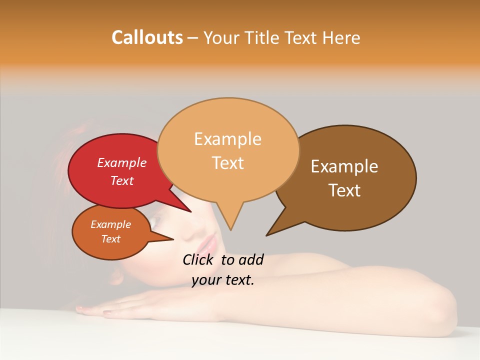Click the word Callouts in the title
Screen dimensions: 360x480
click(x=147, y=37)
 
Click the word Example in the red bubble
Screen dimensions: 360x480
click(x=122, y=162)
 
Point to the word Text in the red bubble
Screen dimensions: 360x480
click(x=122, y=180)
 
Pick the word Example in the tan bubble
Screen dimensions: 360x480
click(x=227, y=139)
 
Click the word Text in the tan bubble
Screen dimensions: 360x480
click(x=228, y=163)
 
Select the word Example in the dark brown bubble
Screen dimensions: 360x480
click(x=344, y=166)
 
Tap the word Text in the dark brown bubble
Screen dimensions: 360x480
click(x=344, y=190)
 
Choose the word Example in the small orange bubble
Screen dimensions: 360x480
click(x=110, y=224)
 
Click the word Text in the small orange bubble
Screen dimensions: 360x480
click(x=110, y=239)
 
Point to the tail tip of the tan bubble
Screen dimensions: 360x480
click(x=230, y=229)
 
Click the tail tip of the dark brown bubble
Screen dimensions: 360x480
click(x=267, y=234)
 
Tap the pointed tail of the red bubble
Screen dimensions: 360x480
click(x=190, y=211)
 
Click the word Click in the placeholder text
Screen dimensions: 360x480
click(x=198, y=260)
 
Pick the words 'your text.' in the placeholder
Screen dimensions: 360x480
click(x=223, y=280)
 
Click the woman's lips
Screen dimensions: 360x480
click(x=209, y=245)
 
